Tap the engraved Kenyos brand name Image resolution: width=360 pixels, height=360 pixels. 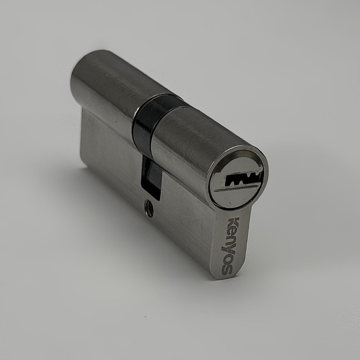click(231, 246)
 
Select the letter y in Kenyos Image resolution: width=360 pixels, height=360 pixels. click(231, 249)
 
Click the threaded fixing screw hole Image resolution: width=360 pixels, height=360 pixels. click(149, 208)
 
